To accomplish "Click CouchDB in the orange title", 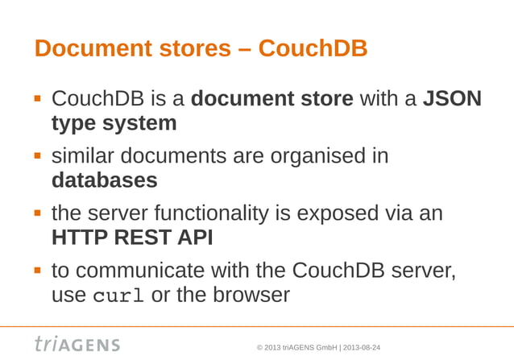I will click(x=314, y=49).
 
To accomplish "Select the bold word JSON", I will click(x=453, y=99).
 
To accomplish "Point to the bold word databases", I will click(x=105, y=180).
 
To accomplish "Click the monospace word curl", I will click(x=119, y=296).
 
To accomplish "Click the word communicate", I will click(x=143, y=270).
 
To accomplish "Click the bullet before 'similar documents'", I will click(x=37, y=155).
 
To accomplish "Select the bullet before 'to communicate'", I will click(x=37, y=270).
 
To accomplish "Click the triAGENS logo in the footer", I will click(x=77, y=343).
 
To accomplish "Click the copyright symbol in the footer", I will click(x=259, y=347).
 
